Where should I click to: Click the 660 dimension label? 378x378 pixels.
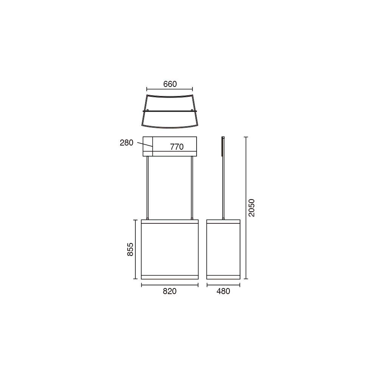[170, 84]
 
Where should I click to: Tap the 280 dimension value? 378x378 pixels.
[127, 143]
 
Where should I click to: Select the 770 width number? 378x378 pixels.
[177, 147]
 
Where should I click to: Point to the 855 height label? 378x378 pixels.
[130, 249]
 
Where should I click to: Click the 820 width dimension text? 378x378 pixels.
[170, 291]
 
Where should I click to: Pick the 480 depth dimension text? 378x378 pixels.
[223, 291]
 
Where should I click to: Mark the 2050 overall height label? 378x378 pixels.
[252, 208]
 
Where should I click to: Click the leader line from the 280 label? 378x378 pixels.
[145, 144]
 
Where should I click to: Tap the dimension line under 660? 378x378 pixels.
[170, 89]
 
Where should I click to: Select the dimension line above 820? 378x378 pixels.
[170, 285]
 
